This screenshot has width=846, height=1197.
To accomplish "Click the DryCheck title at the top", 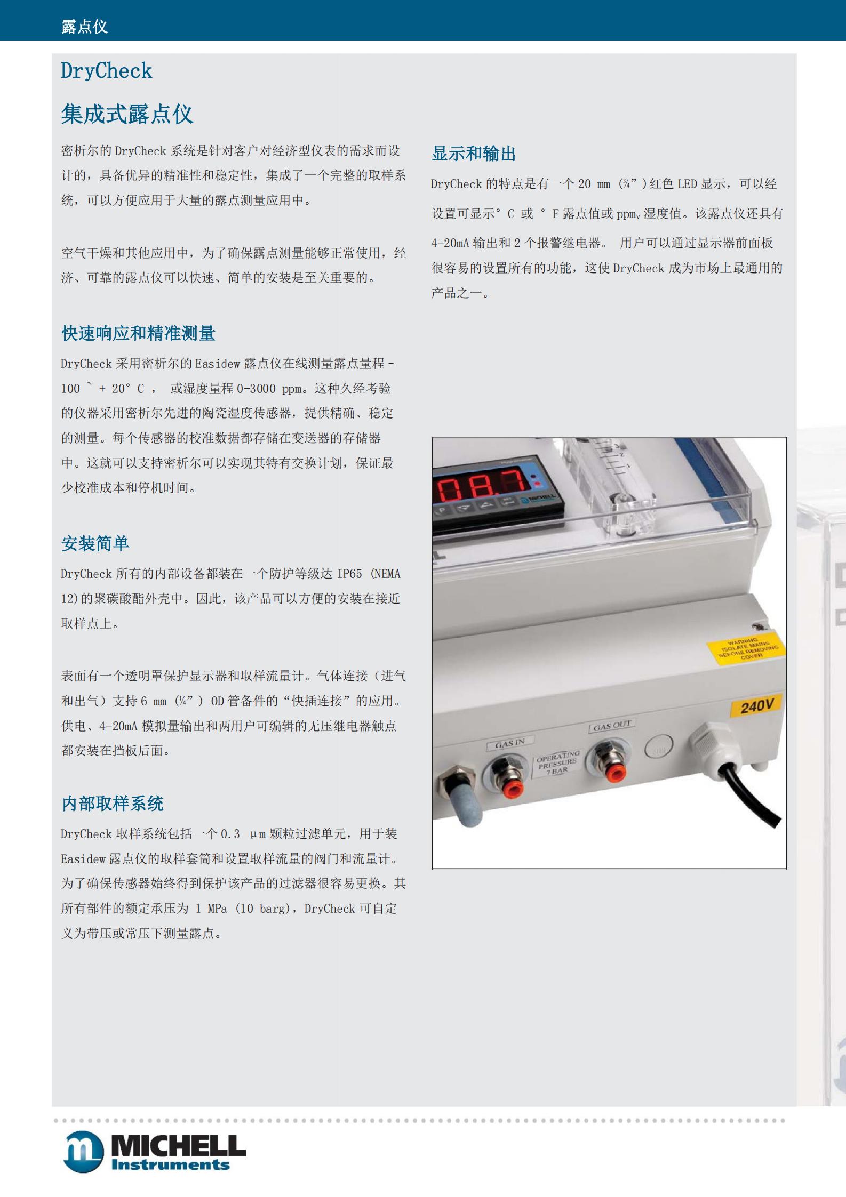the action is click(106, 71).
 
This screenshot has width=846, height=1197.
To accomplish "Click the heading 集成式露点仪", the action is click(127, 114).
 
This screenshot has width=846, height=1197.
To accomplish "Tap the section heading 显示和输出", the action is click(474, 154).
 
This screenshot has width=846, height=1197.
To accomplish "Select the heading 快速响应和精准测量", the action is click(138, 333).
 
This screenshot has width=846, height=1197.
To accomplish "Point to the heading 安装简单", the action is click(95, 543).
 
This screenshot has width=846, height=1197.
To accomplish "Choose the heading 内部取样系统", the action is click(113, 803).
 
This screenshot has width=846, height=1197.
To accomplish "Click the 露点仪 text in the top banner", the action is click(84, 26).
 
